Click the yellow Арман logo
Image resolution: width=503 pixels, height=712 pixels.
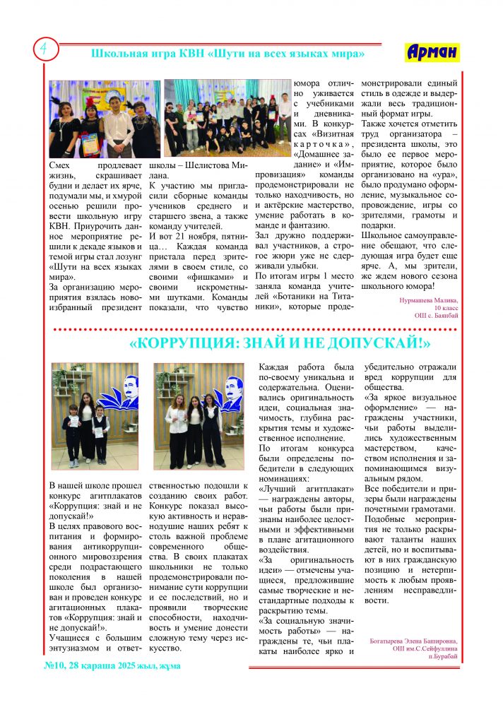click(x=432, y=52)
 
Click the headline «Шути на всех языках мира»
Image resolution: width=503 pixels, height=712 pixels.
click(x=228, y=54)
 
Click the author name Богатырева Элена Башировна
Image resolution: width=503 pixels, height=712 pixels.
click(x=413, y=641)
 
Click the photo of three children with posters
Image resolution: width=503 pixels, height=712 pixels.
click(x=94, y=421)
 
